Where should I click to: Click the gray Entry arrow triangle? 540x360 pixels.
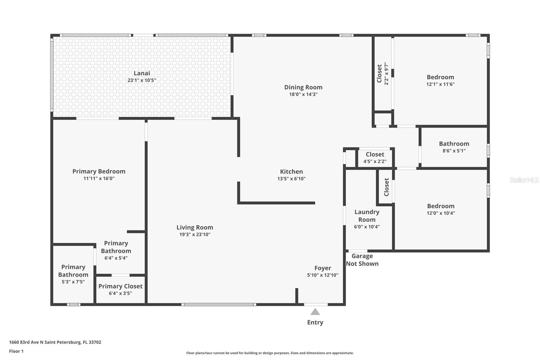point(315,312)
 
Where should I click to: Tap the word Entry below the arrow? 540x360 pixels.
point(315,323)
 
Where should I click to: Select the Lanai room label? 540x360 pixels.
point(142,73)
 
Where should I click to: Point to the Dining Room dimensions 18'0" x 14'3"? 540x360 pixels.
point(303,94)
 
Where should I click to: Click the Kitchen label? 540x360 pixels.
point(291,172)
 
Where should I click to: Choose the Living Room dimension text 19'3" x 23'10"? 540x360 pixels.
point(195,234)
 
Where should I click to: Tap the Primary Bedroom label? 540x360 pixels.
point(99,171)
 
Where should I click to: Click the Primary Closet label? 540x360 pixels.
point(120,286)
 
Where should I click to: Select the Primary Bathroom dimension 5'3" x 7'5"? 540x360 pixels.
point(73,282)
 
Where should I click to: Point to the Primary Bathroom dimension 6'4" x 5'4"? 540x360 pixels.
point(116,258)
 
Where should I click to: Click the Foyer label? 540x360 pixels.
point(323,268)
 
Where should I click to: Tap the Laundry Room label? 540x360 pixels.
point(367,216)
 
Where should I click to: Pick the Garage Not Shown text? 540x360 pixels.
point(362,260)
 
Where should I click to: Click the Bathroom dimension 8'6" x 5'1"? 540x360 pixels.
point(454,151)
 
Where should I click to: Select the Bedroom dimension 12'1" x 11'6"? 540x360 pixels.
point(440,84)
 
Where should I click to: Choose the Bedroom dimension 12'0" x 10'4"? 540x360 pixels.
point(441,213)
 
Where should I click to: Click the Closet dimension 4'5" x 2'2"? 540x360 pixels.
point(375,161)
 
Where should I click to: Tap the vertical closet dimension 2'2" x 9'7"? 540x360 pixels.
point(386,74)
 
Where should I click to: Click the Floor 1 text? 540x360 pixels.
point(17,351)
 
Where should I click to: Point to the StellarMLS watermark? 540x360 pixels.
point(524,180)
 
